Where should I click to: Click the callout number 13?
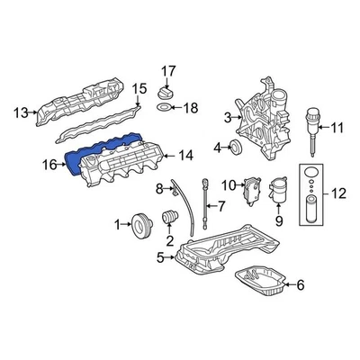pos(20,112)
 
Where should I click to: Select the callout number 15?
pos(139,88)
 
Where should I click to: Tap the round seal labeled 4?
pos(238,147)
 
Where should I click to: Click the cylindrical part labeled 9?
pos(278,194)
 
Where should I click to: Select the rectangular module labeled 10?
pos(254,186)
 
